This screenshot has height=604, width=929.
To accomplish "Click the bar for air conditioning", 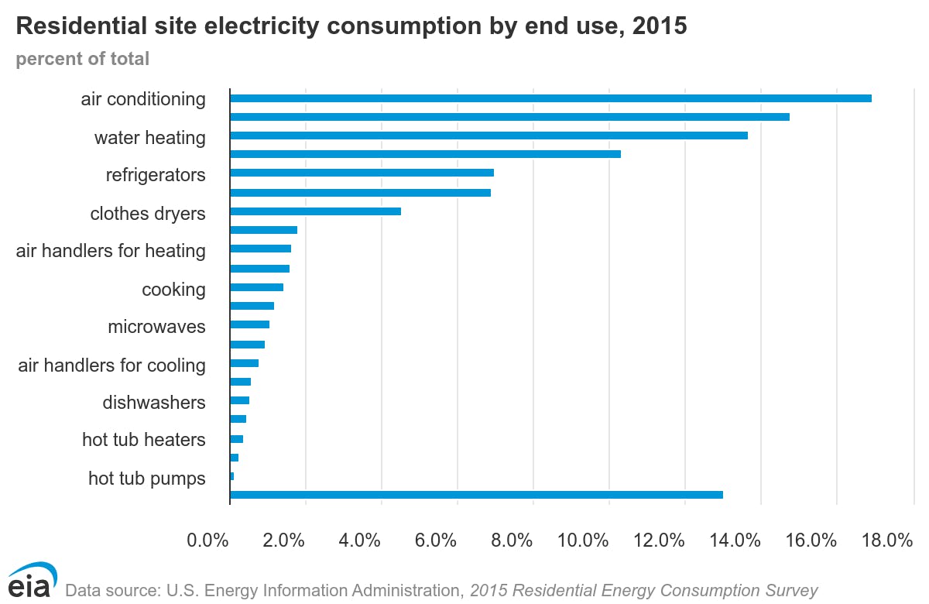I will click(550, 98).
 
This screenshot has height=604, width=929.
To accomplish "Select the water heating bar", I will click(488, 136).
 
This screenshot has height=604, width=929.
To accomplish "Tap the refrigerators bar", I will click(362, 173).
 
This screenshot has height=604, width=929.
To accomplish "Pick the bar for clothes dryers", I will click(315, 211).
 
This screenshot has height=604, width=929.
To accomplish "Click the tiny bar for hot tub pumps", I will click(231, 476).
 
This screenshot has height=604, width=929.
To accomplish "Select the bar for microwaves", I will click(249, 324).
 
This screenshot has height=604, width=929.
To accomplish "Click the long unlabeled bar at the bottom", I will click(476, 495).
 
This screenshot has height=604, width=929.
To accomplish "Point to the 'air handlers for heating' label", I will click(111, 251).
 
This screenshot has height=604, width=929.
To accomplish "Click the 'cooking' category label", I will click(173, 290).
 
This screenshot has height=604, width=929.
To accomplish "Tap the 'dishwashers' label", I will click(154, 403).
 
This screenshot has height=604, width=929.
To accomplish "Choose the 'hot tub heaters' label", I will click(144, 440).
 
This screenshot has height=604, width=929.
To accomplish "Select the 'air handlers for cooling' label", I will click(111, 365).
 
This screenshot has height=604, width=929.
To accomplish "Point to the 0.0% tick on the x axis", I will click(208, 541).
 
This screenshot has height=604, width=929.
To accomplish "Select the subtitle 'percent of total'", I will click(83, 59).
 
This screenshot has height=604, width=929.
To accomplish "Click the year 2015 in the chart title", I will click(659, 26).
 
